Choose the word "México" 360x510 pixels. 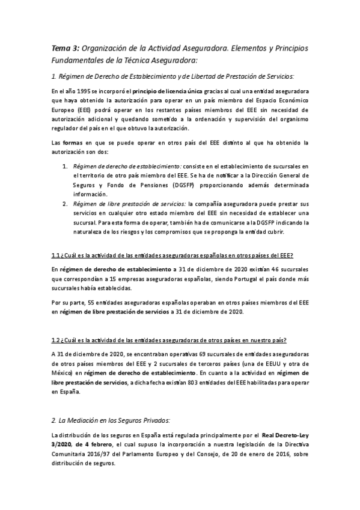pos(62,373)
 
